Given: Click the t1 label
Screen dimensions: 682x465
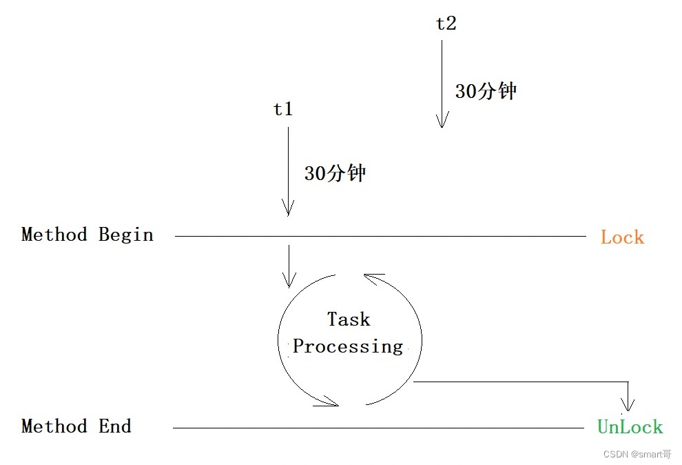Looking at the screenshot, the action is [283, 109].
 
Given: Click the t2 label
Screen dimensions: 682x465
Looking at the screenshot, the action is [446, 23].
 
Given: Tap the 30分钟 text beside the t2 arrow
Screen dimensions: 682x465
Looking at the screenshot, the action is [486, 91].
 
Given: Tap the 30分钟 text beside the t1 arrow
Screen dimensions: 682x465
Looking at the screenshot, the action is [335, 173].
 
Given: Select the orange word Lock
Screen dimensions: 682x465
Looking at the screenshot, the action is [622, 237].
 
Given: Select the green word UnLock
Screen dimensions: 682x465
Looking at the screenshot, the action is [630, 427].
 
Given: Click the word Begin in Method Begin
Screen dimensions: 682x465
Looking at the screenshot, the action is [126, 235].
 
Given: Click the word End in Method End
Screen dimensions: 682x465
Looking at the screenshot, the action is [115, 426].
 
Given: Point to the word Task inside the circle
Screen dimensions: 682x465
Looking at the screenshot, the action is [349, 319].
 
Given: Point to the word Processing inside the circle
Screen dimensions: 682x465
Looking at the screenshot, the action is [348, 346].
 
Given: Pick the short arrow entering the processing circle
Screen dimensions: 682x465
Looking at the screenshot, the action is [289, 266].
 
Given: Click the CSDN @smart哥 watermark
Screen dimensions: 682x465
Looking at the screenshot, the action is [637, 454].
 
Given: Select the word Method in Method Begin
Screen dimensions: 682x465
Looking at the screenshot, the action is [54, 235].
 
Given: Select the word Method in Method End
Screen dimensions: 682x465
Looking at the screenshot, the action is [54, 426].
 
